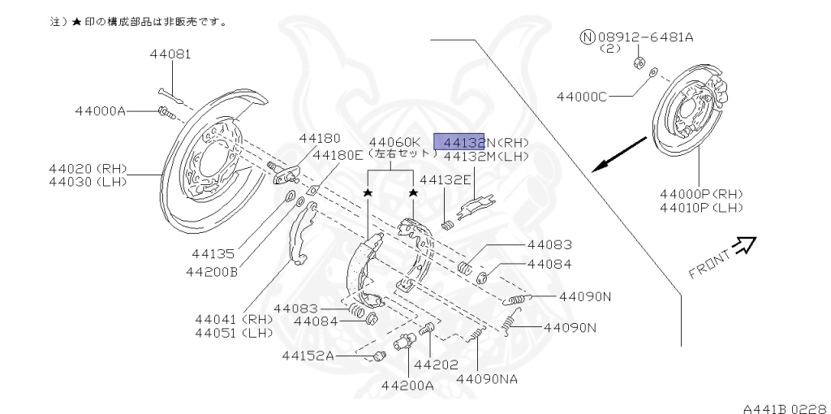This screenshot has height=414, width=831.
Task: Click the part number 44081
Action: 170,55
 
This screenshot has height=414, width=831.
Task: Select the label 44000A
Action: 100,111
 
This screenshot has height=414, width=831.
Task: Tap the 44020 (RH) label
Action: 87,168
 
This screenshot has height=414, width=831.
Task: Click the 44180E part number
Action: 338,155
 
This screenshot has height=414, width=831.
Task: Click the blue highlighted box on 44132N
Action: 459,141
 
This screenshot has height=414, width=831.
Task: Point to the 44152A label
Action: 308,355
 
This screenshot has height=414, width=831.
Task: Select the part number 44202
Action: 437,364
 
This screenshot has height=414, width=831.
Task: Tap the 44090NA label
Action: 487,378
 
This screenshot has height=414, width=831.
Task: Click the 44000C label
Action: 581,97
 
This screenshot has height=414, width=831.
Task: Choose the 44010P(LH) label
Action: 701,208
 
